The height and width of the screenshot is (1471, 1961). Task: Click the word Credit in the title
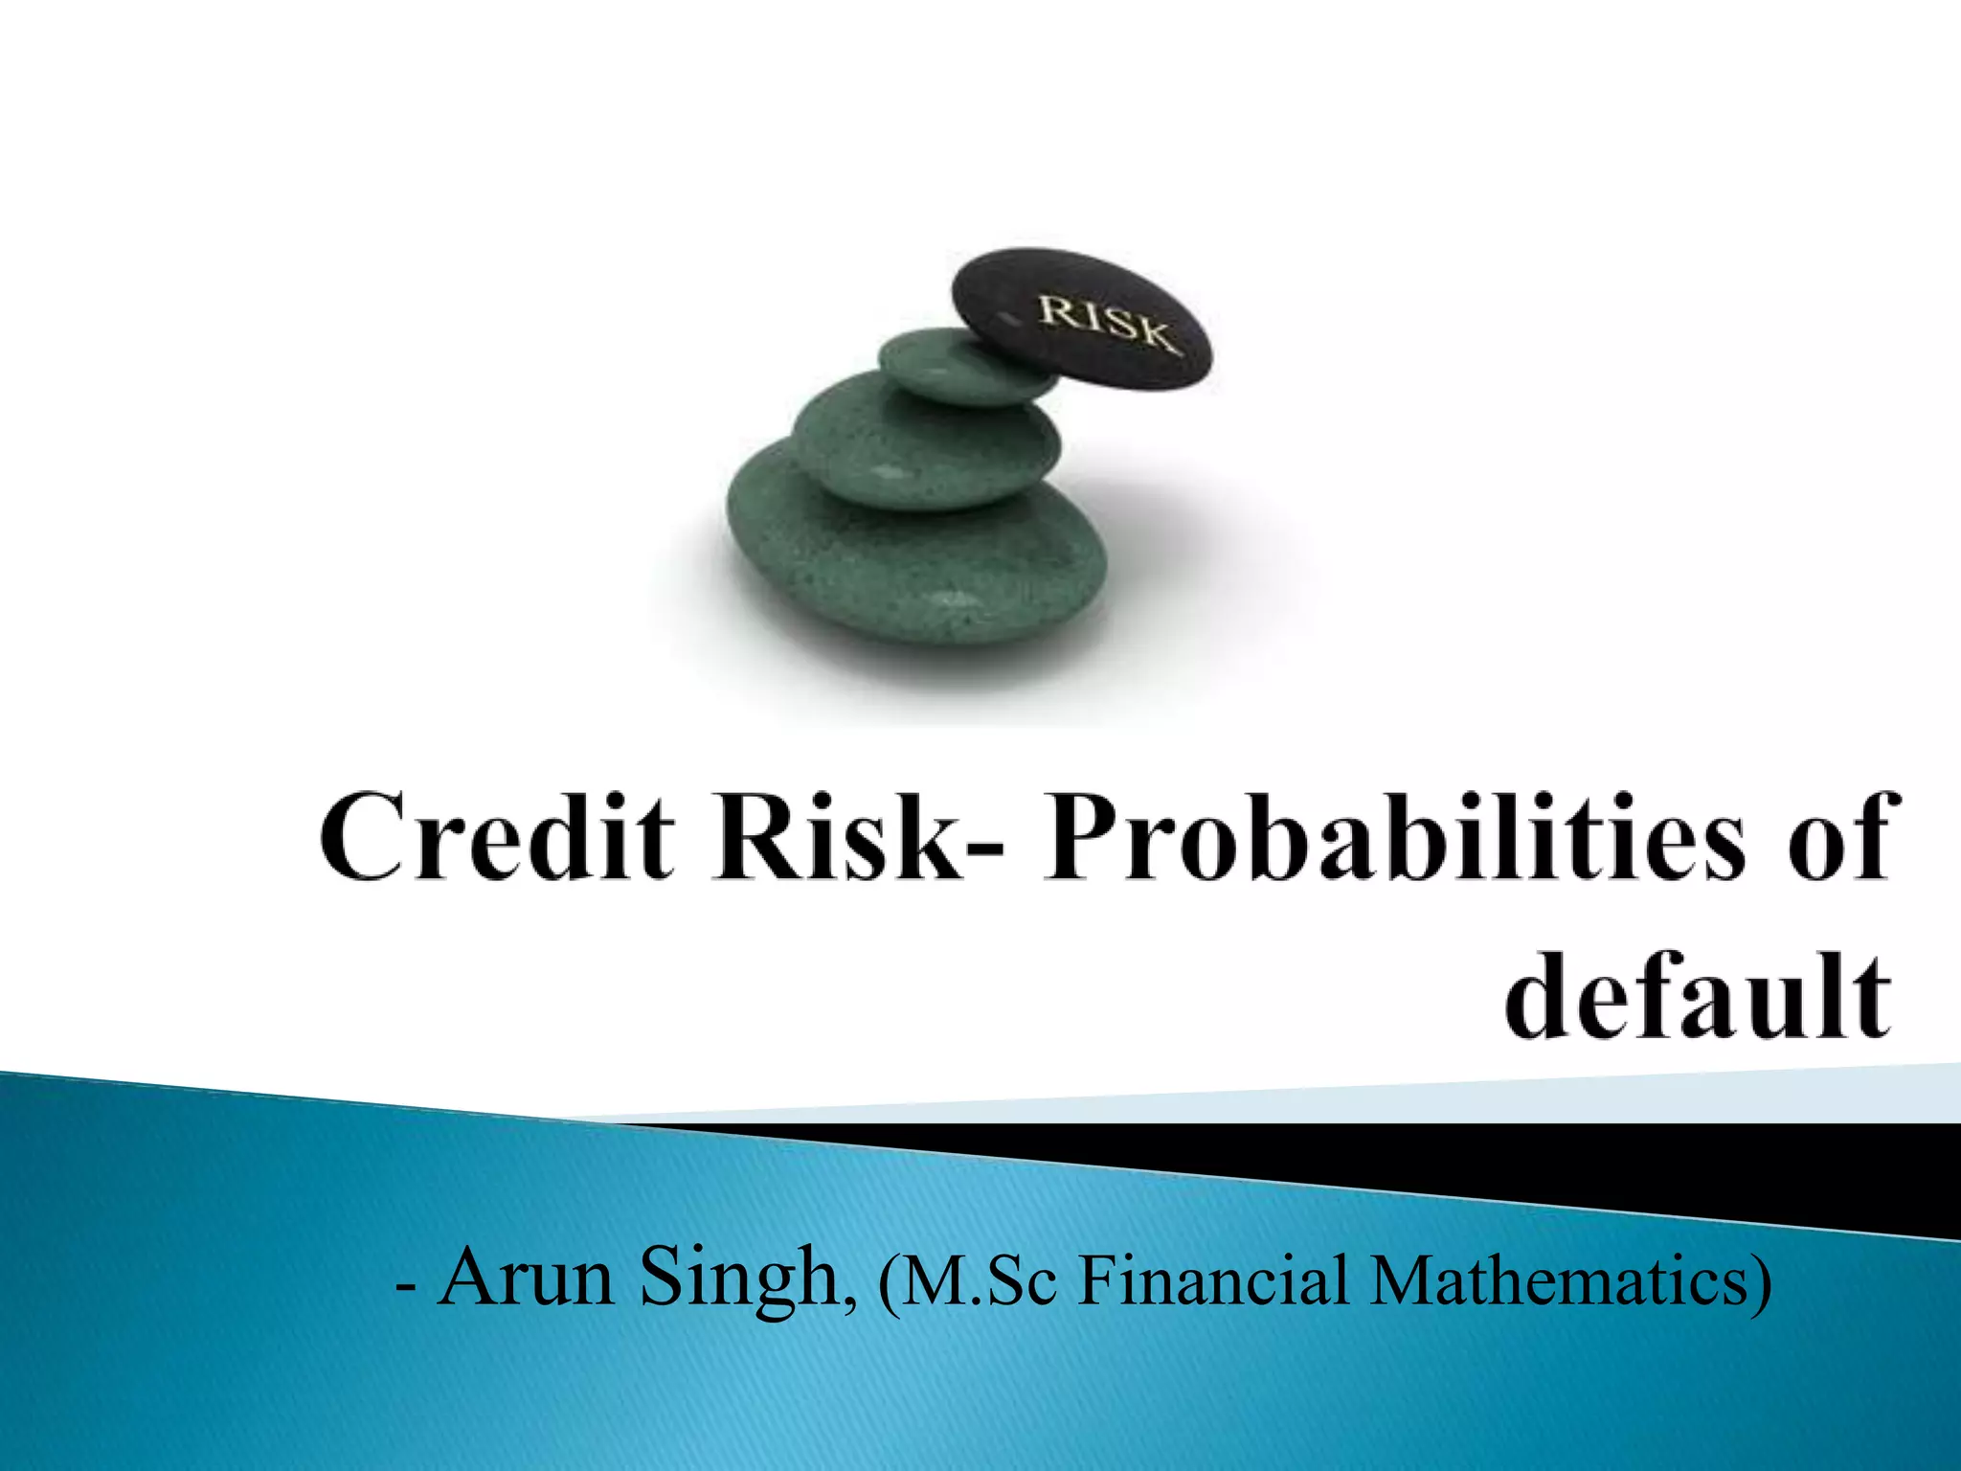(497, 836)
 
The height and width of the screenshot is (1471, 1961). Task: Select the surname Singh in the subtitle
(738, 1279)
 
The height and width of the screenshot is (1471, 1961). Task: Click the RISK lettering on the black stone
(1106, 323)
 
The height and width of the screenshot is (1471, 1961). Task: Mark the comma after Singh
(850, 1301)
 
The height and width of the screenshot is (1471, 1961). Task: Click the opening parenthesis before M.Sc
(889, 1283)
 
